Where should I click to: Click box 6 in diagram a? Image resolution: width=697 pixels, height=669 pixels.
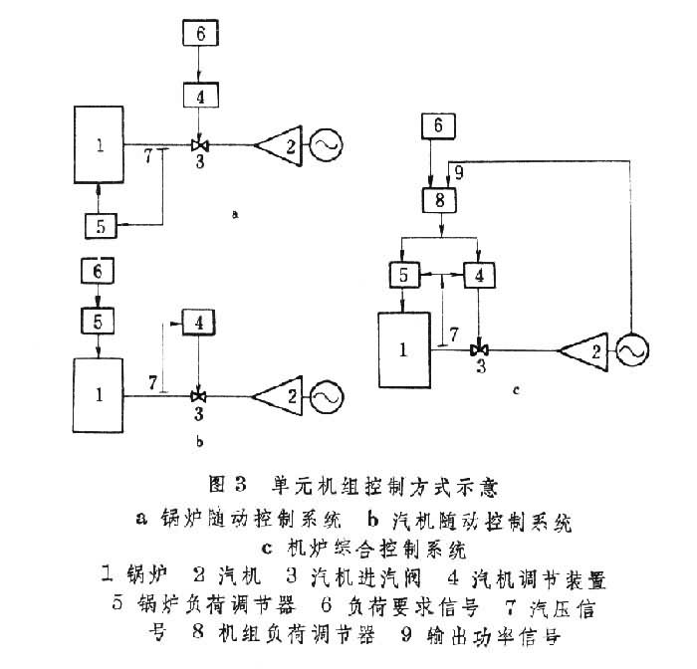200,33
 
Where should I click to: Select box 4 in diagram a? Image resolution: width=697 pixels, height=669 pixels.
200,96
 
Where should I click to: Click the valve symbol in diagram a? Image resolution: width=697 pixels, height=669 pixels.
200,145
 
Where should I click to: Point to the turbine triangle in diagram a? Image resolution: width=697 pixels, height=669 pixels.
278,145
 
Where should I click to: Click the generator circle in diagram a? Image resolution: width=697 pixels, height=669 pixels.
325,145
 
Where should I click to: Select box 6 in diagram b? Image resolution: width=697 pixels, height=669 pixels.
97,271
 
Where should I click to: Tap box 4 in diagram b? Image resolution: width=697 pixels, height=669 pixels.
199,324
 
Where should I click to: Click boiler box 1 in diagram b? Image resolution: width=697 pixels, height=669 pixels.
98,394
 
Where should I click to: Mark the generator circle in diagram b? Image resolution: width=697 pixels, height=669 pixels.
325,395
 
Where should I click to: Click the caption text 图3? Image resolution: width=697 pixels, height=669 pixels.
228,487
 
